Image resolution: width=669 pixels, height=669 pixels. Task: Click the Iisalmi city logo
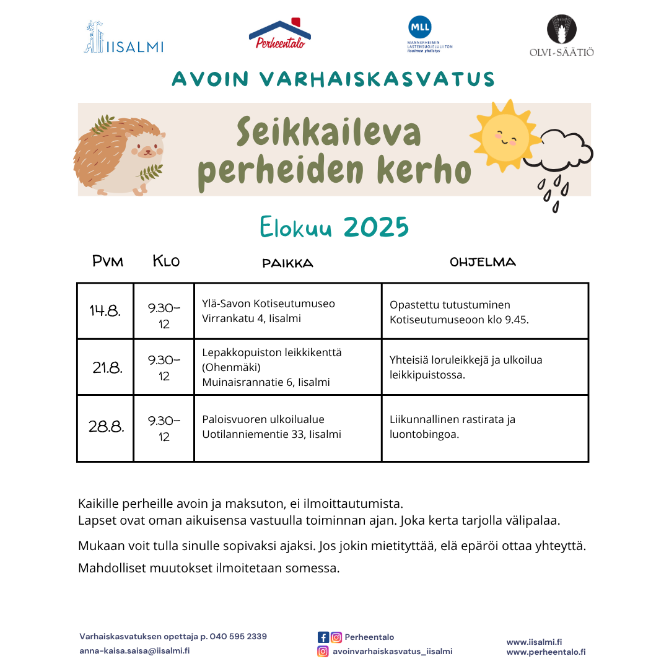[123, 38]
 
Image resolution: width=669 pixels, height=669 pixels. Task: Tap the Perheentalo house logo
[279, 35]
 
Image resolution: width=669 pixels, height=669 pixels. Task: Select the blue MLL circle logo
[419, 27]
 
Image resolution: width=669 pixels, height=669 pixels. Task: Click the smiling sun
[502, 135]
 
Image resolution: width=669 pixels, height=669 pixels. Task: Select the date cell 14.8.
[105, 311]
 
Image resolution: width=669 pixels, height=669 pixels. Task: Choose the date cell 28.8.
[107, 427]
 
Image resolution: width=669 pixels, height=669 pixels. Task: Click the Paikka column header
[287, 263]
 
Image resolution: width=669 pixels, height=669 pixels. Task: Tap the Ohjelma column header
[483, 262]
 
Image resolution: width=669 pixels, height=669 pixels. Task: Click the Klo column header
[166, 261]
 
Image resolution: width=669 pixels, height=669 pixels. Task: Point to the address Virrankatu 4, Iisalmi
[251, 318]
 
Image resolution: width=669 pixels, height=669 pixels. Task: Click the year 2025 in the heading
[376, 228]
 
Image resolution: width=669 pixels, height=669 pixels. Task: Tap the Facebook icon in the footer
[323, 637]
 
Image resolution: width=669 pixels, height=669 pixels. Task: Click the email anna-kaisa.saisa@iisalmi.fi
[134, 651]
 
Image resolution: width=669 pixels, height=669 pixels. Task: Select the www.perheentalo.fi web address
[546, 652]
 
